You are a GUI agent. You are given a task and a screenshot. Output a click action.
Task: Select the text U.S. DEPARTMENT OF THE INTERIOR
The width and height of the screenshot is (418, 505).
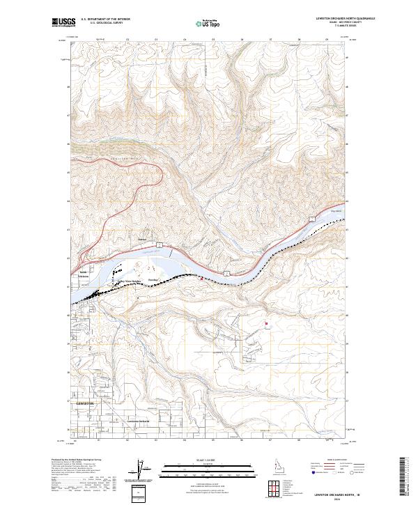tap(105, 19)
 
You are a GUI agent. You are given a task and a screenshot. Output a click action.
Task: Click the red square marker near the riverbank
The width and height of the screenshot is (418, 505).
tap(203, 279)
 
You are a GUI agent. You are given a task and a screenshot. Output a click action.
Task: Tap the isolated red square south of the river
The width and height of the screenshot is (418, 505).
tap(265, 323)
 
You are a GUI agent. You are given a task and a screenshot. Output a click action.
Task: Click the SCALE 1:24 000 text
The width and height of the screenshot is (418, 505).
tap(208, 459)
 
